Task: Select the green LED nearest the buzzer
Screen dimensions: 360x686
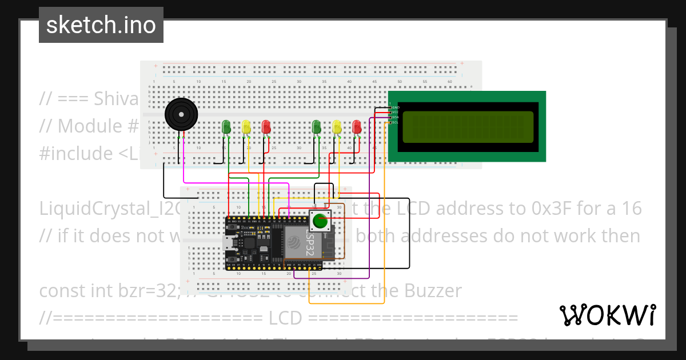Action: coord(226,126)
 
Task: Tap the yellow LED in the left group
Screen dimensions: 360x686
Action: coord(246,126)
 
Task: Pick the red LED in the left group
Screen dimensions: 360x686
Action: coord(266,126)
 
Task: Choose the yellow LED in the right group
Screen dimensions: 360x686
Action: coord(337,126)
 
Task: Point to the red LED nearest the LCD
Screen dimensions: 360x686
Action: coord(357,126)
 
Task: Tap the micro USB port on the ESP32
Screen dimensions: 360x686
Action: coord(229,243)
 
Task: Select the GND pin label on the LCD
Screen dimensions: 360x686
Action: coord(396,107)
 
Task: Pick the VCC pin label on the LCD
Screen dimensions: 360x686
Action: coord(396,112)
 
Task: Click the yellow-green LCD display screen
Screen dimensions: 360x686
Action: coord(468,127)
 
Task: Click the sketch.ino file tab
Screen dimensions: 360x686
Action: coord(101,25)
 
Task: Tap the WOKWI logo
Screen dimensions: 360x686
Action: coord(607,315)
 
